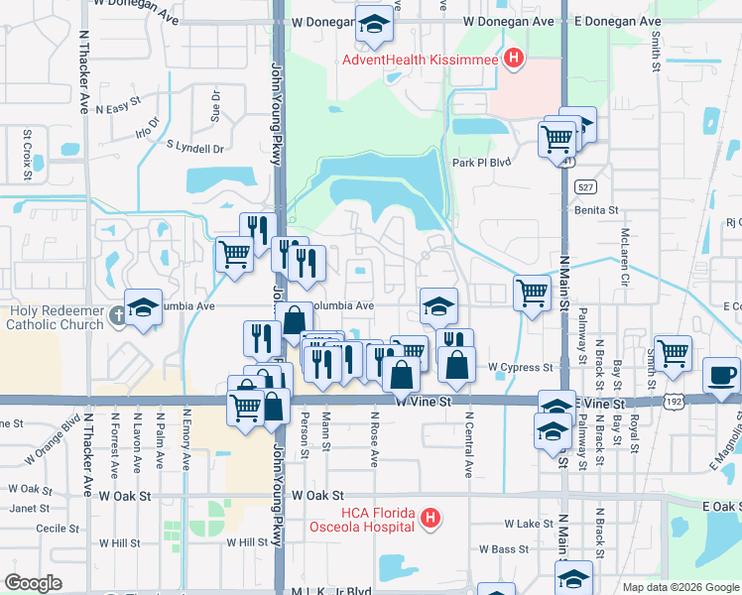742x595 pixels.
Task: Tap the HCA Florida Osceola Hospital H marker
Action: tap(430, 518)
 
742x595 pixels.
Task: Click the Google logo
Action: tap(33, 583)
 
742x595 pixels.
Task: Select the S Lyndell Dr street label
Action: tap(195, 148)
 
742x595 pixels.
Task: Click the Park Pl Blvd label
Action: tap(480, 163)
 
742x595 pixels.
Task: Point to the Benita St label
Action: tap(595, 210)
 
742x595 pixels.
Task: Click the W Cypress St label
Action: tap(521, 367)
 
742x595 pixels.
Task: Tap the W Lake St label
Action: tap(528, 523)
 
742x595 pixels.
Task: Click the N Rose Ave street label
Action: tap(375, 440)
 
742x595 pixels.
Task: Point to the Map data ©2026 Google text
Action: tap(680, 587)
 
